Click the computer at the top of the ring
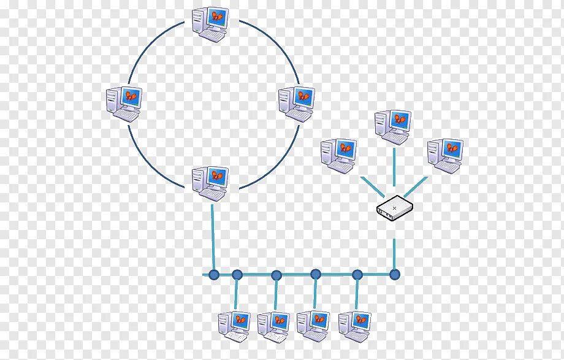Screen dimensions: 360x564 (x=209, y=24)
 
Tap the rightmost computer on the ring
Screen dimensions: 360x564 (x=296, y=103)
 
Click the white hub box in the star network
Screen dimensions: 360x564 (x=395, y=208)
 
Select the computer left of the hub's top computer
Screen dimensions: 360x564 (x=338, y=155)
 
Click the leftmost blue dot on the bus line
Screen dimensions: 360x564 (x=213, y=274)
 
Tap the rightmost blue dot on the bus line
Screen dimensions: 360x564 (x=395, y=274)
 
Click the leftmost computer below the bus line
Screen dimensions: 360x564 (x=234, y=326)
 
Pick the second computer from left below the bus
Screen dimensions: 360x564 (x=273, y=326)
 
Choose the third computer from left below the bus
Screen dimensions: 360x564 (x=313, y=326)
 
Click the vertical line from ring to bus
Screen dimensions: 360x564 (x=213, y=239)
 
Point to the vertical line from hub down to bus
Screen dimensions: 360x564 (x=395, y=248)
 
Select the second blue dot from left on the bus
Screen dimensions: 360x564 (x=237, y=274)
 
